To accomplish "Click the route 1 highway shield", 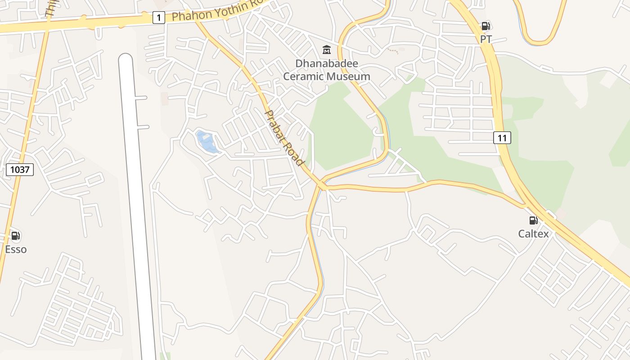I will tap(158, 18).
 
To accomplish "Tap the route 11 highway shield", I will tap(502, 138).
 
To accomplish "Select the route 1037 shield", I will tap(20, 170).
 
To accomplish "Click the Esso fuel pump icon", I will tap(16, 235).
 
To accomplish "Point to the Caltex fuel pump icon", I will tap(534, 220).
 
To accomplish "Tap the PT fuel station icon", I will tap(486, 26).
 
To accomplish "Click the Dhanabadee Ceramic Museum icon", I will tap(327, 49).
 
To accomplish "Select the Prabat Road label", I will tap(284, 138).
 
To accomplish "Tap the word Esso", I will tap(16, 249).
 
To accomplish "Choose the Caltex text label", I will tap(534, 234).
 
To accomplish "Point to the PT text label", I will tap(486, 40).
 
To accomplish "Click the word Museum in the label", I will tap(349, 76).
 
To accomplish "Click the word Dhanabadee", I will tap(327, 64).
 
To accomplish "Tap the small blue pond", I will tap(207, 141).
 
